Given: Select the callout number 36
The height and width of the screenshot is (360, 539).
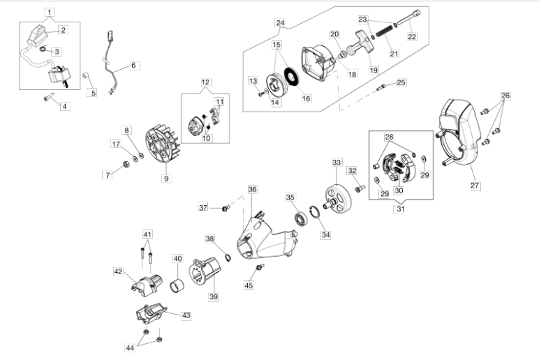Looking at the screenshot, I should [252, 189].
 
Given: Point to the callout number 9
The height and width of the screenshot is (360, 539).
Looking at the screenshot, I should [166, 178].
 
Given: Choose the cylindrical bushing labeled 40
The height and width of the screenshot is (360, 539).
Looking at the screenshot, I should [177, 285].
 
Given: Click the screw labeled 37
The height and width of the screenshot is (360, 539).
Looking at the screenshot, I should [225, 208].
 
